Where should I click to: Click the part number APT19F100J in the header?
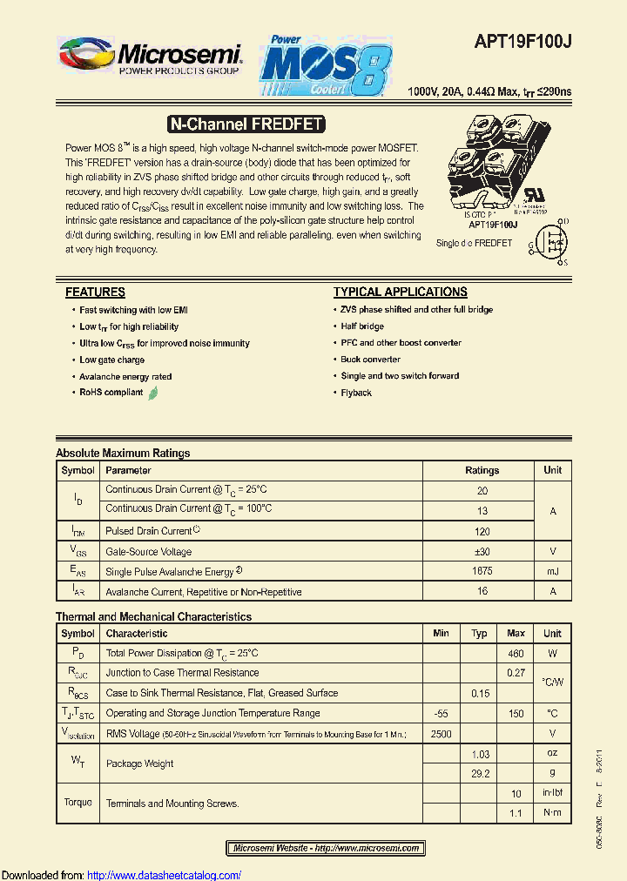522,41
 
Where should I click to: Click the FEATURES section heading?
95,293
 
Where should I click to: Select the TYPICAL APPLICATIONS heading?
400,293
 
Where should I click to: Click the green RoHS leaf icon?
153,393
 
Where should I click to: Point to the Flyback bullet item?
356,393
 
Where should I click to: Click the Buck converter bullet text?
370,360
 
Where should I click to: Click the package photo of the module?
489,172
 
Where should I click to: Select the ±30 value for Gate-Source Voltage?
482,552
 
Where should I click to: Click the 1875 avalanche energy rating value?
482,572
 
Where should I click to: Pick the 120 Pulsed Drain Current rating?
482,531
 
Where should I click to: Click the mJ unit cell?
552,572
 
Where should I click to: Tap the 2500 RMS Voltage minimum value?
441,734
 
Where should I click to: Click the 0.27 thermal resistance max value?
516,673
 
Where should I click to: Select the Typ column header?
479,634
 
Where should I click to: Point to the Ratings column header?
482,470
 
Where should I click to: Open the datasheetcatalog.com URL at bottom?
165,875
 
